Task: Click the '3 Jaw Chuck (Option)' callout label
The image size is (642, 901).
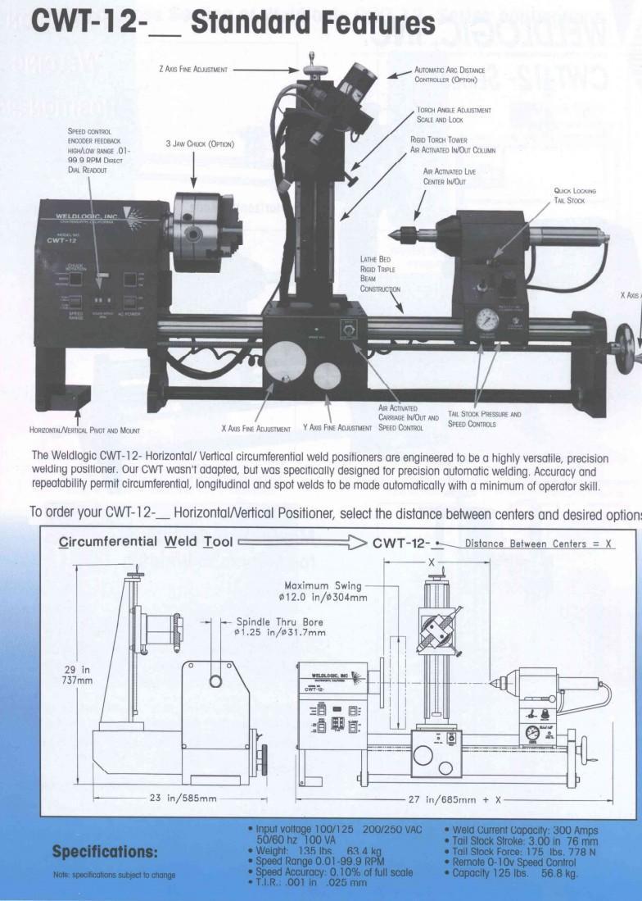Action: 200,144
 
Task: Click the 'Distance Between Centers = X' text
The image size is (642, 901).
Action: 539,544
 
